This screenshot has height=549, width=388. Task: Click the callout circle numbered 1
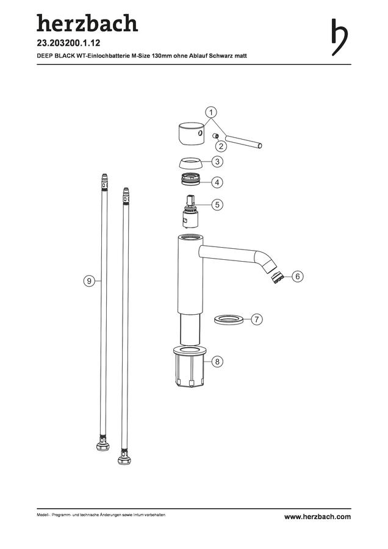211,112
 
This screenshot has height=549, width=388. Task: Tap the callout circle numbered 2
221,146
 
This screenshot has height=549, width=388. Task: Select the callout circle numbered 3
217,162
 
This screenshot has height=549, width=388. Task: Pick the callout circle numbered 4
217,182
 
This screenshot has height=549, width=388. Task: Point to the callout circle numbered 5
217,204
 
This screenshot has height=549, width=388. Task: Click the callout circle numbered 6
298,276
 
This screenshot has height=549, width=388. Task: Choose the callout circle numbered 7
257,319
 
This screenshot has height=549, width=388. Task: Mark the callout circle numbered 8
217,361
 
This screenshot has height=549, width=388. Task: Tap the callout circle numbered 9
89,281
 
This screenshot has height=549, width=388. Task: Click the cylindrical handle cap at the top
191,134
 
